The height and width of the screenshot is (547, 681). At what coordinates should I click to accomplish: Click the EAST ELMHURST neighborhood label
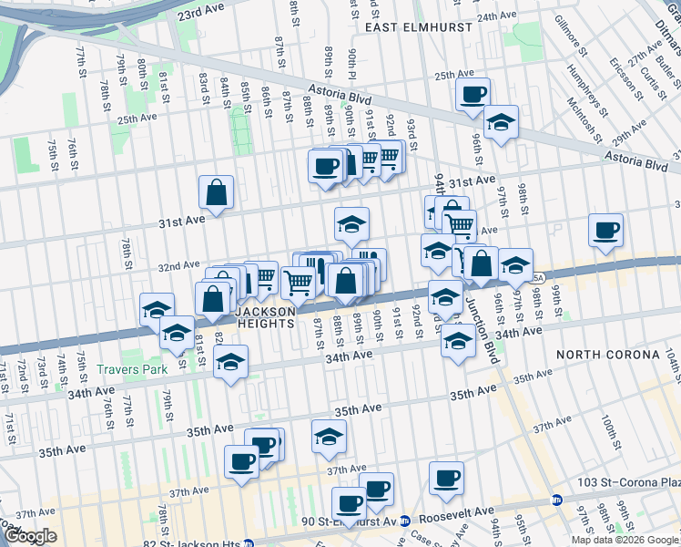419,27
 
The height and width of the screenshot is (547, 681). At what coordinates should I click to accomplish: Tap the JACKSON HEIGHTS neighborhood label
266,317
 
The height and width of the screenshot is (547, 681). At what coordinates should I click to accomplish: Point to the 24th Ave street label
496,16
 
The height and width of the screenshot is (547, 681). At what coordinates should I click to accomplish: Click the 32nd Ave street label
178,266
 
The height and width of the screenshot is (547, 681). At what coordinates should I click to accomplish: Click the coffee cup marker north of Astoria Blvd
473,94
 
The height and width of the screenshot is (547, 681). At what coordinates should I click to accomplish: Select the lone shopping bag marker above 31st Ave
217,192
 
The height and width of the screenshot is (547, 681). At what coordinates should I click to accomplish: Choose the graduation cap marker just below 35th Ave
329,436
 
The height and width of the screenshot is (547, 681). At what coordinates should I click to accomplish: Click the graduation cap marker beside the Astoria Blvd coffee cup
500,123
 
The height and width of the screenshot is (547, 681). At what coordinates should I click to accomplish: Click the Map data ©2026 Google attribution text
624,540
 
